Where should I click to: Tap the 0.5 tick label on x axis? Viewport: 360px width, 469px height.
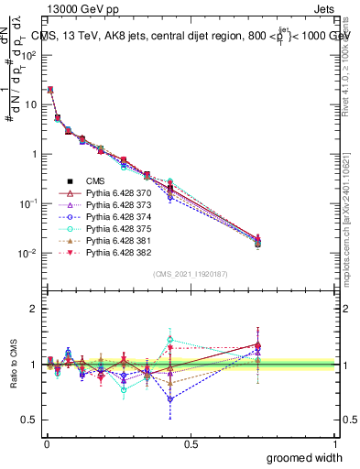[191, 443]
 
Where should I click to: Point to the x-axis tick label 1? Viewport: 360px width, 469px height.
[335, 443]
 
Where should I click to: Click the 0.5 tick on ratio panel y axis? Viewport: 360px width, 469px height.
[29, 420]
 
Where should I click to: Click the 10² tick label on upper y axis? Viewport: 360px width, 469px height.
[27, 55]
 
